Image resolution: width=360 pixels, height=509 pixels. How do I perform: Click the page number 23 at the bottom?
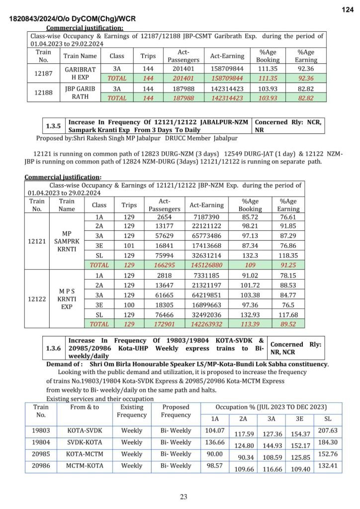pos(184,496)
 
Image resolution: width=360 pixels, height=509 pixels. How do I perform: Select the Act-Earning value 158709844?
pos(227,69)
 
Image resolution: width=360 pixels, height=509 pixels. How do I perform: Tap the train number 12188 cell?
pos(43,93)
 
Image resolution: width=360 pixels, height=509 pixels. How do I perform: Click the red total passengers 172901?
pos(164,323)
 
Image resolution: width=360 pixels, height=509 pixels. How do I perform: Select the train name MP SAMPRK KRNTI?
pos(67,241)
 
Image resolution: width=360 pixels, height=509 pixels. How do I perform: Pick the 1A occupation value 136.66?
pos(214,442)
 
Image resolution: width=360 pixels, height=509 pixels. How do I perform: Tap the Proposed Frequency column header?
pos(176,411)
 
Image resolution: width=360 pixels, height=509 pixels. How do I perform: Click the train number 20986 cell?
pos(41,466)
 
